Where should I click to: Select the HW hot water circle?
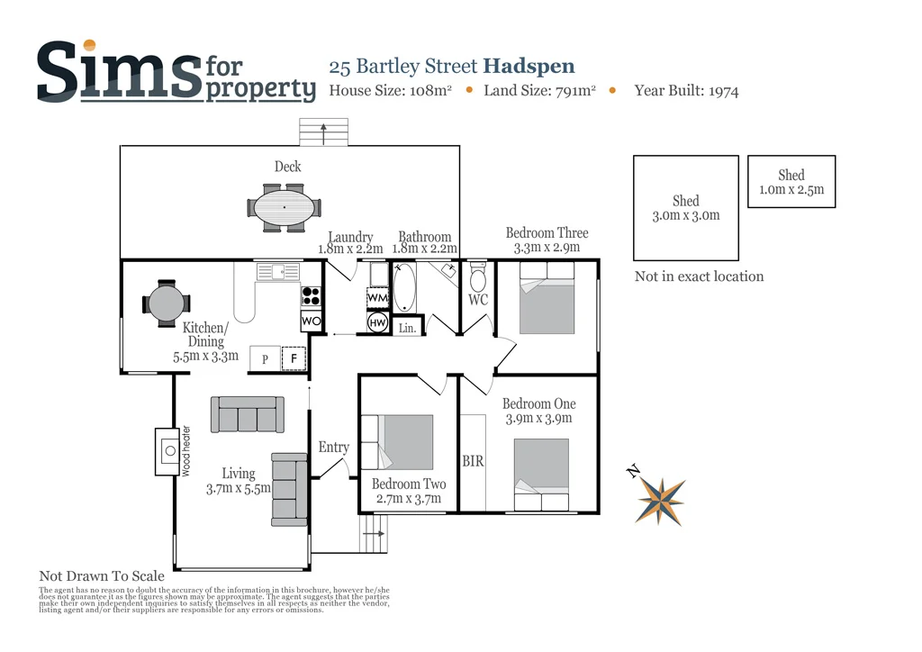pyautogui.click(x=376, y=322)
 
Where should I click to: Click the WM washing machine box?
pyautogui.click(x=377, y=296)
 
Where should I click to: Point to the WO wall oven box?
pyautogui.click(x=310, y=321)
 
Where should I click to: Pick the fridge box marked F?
pyautogui.click(x=294, y=358)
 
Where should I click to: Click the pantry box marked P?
pyautogui.click(x=265, y=358)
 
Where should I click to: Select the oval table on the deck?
pyautogui.click(x=285, y=208)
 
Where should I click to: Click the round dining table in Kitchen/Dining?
pyautogui.click(x=166, y=303)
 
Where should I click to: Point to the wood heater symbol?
pyautogui.click(x=168, y=450)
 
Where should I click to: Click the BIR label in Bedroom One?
pyautogui.click(x=473, y=461)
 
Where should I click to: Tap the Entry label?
pyautogui.click(x=333, y=448)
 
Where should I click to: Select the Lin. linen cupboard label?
pyautogui.click(x=408, y=329)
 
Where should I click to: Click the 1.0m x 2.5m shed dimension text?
pyautogui.click(x=791, y=191)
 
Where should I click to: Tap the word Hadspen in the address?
pyautogui.click(x=529, y=66)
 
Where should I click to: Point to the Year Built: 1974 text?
pyautogui.click(x=686, y=90)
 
